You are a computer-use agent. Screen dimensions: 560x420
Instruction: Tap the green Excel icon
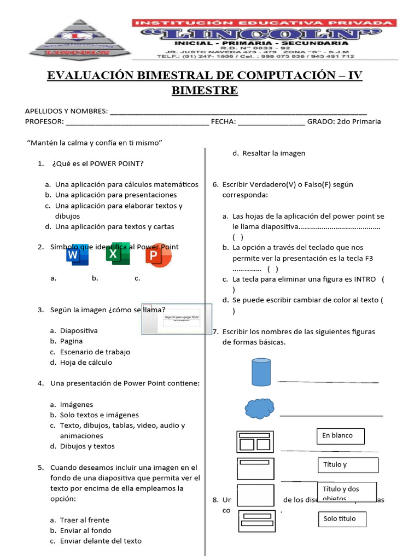click(x=118, y=254)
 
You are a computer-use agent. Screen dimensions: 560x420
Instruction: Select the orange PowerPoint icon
click(x=159, y=255)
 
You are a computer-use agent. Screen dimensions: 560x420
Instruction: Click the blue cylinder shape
click(x=260, y=372)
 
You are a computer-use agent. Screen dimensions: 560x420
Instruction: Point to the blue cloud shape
click(x=260, y=409)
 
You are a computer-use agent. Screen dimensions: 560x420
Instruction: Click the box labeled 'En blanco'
click(x=340, y=436)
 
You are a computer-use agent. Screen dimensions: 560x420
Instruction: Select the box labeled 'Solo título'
click(x=342, y=519)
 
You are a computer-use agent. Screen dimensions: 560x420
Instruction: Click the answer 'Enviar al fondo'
click(x=85, y=530)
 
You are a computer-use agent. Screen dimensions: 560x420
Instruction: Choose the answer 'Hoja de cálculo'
click(x=86, y=362)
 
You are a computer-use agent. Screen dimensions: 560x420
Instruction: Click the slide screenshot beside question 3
click(x=176, y=319)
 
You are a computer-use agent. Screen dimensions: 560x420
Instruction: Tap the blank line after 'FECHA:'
click(x=271, y=122)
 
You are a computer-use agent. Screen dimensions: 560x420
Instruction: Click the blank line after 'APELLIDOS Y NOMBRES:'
click(x=238, y=112)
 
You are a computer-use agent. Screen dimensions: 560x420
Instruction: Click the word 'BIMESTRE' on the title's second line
click(x=205, y=90)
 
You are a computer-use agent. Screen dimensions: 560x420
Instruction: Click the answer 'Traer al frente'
click(x=84, y=520)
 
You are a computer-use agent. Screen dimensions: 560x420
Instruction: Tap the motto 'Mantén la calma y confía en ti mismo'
click(x=96, y=143)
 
